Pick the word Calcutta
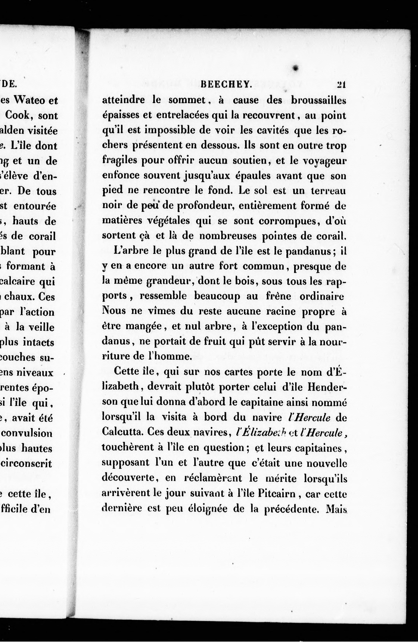pos(122,432)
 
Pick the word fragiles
pos(119,160)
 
